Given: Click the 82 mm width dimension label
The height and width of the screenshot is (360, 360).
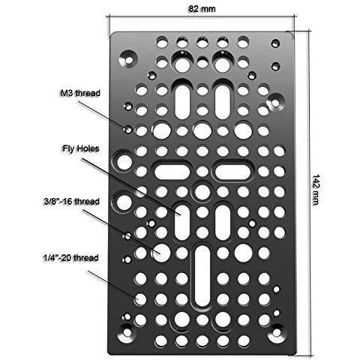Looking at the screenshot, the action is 202,9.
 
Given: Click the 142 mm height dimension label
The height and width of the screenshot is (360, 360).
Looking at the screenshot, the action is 316,190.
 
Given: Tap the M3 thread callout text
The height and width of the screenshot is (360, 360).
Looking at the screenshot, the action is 80,93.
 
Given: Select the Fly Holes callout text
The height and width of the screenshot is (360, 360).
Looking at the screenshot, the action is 81,148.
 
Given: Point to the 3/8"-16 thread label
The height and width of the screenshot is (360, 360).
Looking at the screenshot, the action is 72,201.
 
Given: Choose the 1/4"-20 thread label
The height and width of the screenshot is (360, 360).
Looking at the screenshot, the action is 71,258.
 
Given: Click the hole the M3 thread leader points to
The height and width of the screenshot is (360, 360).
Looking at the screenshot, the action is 128,130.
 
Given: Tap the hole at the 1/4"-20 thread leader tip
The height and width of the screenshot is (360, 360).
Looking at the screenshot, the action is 140,299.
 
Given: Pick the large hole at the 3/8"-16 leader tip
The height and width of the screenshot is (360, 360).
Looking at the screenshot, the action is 161,253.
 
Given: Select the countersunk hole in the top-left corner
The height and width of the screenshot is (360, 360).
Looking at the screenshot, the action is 128,59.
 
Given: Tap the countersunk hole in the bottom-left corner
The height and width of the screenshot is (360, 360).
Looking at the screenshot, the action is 127,332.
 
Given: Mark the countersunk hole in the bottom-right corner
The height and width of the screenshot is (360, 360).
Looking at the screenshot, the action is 277,332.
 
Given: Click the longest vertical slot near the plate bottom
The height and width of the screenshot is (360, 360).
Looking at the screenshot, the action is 202,276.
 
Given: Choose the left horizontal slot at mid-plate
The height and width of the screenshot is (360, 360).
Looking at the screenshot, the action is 172,172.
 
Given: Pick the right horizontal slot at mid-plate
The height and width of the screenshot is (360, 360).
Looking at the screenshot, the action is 232,172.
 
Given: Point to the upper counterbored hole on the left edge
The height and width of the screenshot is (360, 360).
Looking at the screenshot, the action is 124,162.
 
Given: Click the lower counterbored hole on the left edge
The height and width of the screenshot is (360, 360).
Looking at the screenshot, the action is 124,202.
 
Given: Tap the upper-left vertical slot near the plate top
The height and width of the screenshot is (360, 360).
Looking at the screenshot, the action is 182,102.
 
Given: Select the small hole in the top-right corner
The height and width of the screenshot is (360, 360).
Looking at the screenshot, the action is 275,43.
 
